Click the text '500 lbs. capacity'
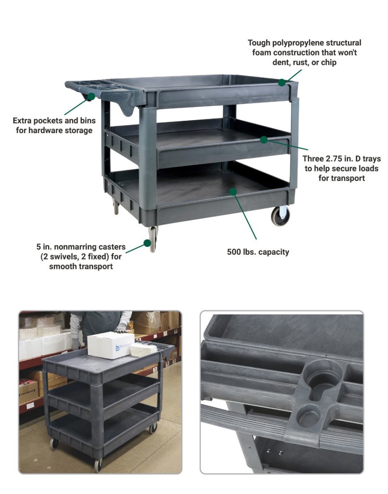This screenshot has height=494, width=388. click(258, 252)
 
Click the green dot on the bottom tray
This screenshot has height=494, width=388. click(233, 191)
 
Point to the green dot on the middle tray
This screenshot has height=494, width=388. click(264, 140)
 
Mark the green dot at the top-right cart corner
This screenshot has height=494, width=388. click(281, 82)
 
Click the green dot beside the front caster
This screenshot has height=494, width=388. click(147, 243)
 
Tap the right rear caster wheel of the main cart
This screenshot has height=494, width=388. click(280, 216)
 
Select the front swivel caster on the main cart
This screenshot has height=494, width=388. click(153, 240)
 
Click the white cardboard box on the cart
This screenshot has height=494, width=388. click(110, 345)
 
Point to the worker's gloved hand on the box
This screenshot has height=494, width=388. click(121, 327)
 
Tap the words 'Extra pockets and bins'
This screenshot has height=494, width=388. click(54, 121)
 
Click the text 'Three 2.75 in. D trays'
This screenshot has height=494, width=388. click(341, 158)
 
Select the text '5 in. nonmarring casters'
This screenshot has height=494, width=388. click(81, 247)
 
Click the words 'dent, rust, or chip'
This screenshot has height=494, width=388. click(304, 63)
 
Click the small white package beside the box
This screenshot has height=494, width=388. click(143, 349)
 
